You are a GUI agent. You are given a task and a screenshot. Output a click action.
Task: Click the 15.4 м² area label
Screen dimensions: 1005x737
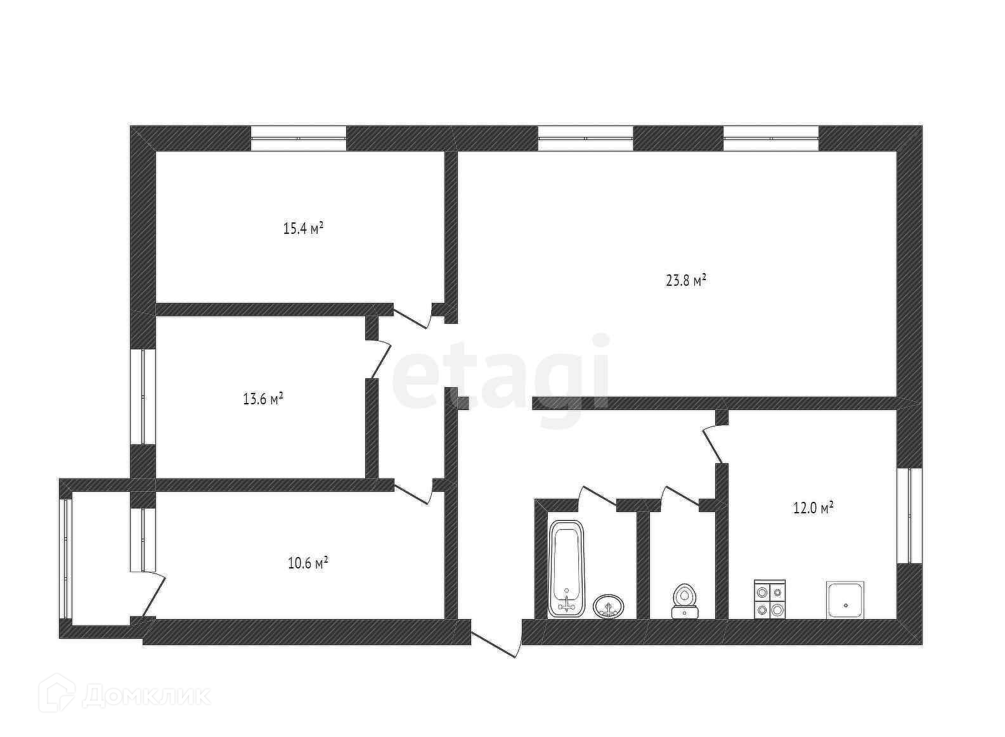click(x=303, y=228)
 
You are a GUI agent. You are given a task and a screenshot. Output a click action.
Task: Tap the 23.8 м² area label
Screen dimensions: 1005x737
click(x=686, y=280)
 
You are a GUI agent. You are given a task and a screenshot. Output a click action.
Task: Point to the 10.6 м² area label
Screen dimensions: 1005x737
click(x=308, y=563)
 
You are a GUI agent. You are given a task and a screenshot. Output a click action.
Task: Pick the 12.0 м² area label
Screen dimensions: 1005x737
click(x=813, y=508)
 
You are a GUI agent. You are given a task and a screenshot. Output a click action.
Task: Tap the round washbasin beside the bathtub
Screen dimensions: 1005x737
click(x=609, y=606)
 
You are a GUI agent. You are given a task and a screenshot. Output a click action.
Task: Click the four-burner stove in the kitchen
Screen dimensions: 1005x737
click(x=770, y=599)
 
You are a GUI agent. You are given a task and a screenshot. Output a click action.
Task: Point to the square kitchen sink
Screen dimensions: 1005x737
click(x=845, y=599)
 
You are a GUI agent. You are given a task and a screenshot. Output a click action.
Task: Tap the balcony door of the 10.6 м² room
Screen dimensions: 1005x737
click(x=153, y=593)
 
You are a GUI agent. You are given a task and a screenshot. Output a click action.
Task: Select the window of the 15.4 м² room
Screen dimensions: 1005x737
click(x=299, y=138)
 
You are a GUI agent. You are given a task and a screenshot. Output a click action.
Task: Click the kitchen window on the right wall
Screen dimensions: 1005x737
click(x=909, y=515)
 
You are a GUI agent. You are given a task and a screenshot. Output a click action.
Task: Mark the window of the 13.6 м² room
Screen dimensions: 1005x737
click(x=143, y=396)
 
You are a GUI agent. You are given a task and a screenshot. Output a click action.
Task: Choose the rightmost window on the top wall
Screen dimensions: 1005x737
click(x=771, y=138)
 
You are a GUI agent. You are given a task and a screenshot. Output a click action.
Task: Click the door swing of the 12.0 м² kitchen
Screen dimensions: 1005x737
click(x=713, y=444)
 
